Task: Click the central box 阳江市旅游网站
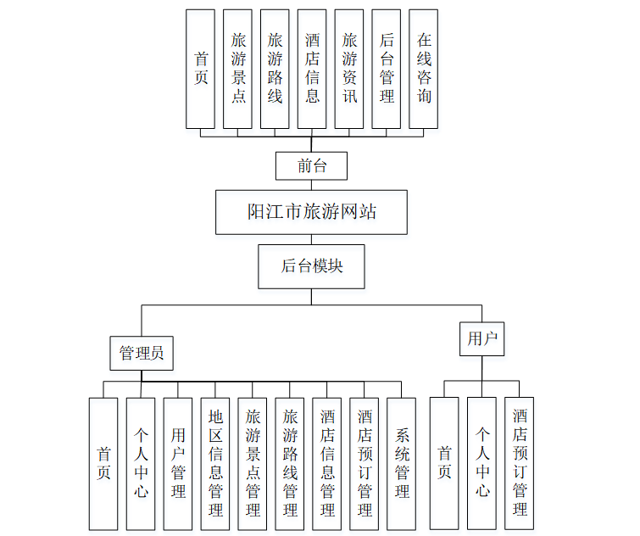pos(311,212)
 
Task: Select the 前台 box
pos(311,165)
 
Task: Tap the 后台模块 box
pos(311,266)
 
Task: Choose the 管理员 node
pos(142,354)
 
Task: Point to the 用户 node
pos(481,338)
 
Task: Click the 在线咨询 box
pos(424,69)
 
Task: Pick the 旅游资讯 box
pos(349,69)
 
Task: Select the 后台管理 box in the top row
pos(387,69)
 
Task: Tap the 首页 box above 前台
pos(201,69)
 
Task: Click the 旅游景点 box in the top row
pos(238,69)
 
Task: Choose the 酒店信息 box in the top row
pos(312,69)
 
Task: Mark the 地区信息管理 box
pos(215,464)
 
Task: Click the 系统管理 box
pos(402,464)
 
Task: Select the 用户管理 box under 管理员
pos(178,464)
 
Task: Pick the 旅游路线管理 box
pos(290,464)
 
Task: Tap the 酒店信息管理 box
pos(327,464)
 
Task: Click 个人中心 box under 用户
pos(481,464)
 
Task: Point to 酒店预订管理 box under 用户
pos(519,464)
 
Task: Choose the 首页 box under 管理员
pos(103,464)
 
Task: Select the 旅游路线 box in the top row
pos(275,69)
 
